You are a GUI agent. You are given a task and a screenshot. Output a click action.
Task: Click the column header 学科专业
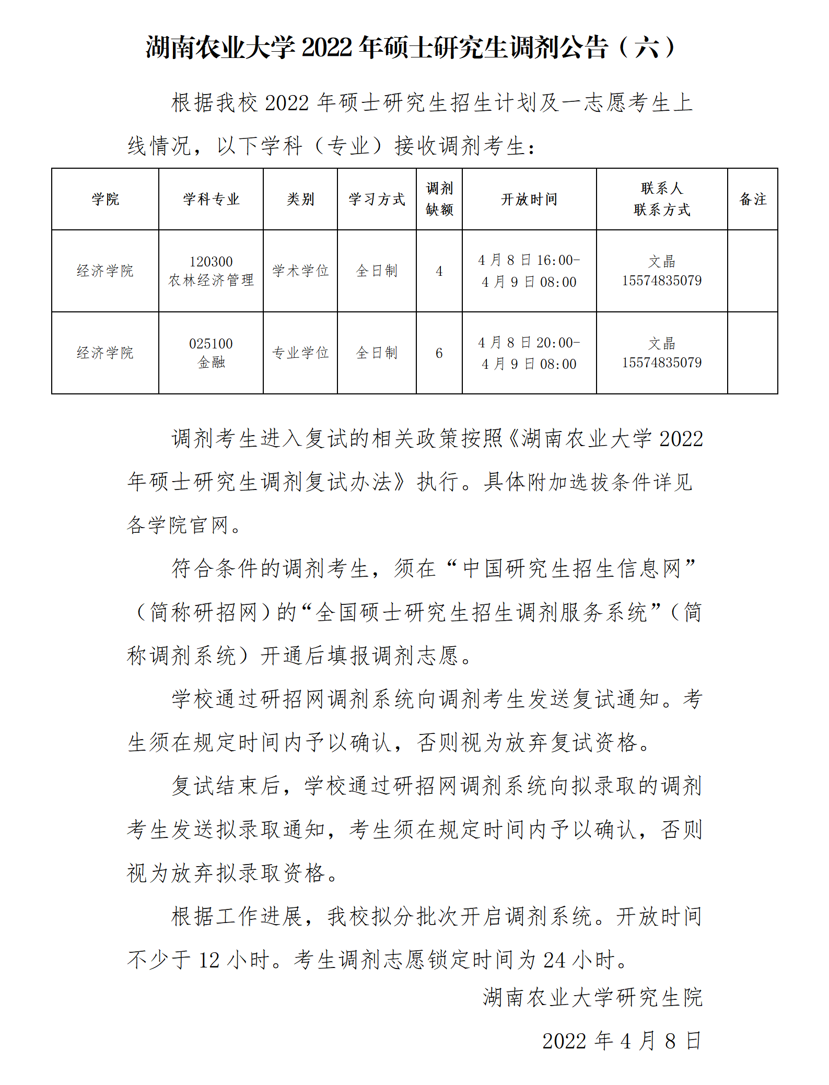point(211,199)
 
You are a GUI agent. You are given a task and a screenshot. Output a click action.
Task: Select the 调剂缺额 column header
point(439,199)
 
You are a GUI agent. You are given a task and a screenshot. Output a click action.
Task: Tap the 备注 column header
point(753,199)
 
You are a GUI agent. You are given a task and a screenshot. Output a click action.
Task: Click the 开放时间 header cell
point(529,199)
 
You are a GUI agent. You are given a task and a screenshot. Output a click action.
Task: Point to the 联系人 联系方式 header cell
point(662,199)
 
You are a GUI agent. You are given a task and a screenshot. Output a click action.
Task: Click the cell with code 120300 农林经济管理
point(211,271)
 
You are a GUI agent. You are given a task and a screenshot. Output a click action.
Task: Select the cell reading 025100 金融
point(211,353)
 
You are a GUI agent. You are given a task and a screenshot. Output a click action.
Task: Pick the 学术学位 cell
point(300,271)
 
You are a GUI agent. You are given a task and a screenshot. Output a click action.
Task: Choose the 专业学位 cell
point(300,353)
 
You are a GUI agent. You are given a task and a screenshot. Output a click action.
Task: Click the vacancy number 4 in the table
point(439,271)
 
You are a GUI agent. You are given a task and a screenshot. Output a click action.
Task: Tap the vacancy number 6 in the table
point(439,353)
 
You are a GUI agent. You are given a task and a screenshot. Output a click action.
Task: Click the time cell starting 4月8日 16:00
point(529,271)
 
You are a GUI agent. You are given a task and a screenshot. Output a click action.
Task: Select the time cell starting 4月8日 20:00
point(529,353)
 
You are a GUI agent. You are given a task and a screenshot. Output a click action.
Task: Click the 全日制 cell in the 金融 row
point(377,353)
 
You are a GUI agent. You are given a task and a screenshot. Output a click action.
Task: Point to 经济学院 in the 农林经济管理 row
point(105,271)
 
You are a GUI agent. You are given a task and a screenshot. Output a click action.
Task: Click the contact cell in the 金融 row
point(662,353)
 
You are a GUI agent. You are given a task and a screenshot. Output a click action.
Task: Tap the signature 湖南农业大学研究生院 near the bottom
point(592,997)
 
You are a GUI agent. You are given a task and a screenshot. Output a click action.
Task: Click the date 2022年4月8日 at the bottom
point(622,1040)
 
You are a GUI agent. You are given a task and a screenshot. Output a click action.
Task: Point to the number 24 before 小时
point(554,960)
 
